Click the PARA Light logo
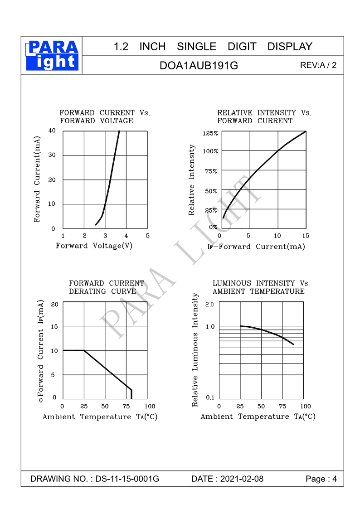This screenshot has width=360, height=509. pos(52,55)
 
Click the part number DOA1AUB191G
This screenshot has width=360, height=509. pos(199,65)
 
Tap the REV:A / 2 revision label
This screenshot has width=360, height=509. pos(318,65)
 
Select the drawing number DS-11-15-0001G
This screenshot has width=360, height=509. pos(127,479)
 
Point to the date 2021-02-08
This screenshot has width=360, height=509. pos(242,479)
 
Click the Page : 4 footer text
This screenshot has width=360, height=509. pos(321,479)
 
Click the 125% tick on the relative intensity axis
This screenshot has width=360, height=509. pos(210,133)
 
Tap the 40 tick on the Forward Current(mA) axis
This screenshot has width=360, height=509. pos(52,131)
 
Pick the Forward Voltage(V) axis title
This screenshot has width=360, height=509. pos(94,246)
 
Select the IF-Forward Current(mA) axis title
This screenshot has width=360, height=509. pos(256,247)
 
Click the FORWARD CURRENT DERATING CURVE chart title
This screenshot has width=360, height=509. pos(106,287)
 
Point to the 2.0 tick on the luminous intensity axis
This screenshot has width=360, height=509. pos(209,304)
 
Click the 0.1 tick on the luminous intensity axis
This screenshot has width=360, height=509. pos(210,398)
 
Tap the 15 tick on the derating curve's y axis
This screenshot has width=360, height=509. pos(54,326)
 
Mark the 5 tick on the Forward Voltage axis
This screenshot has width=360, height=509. pos(147,236)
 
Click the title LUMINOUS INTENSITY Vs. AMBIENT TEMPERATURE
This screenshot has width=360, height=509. pos(261,287)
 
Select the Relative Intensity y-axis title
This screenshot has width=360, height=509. pos(192,180)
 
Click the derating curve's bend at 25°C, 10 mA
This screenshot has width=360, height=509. pos(84,350)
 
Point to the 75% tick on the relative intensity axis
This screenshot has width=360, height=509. pos(211,171)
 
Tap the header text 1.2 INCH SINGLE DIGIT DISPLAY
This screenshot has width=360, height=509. pos(213,46)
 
